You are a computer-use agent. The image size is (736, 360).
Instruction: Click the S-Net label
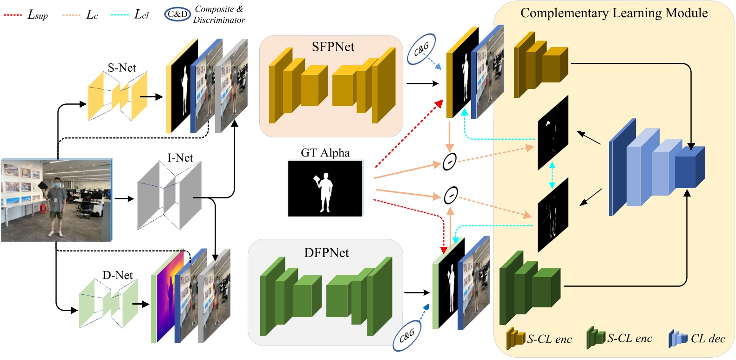pos(122,68)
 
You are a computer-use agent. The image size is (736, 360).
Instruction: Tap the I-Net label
pos(180,158)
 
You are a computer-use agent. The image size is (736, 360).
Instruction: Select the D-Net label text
pos(117,275)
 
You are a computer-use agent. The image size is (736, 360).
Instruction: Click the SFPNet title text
pos(333,47)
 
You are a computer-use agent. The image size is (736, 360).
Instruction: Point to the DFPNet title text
pos(326,253)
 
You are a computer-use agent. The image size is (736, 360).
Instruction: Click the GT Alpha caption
pos(325,153)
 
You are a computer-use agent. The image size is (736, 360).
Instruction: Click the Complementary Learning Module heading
pos(614,13)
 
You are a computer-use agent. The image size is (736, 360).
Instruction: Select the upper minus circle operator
pos(449,162)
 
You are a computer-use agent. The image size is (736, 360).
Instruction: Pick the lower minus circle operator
pos(450,195)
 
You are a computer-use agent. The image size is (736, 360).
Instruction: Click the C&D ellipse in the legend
pos(177,14)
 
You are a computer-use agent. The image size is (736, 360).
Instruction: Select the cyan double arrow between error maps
pos(552,175)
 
